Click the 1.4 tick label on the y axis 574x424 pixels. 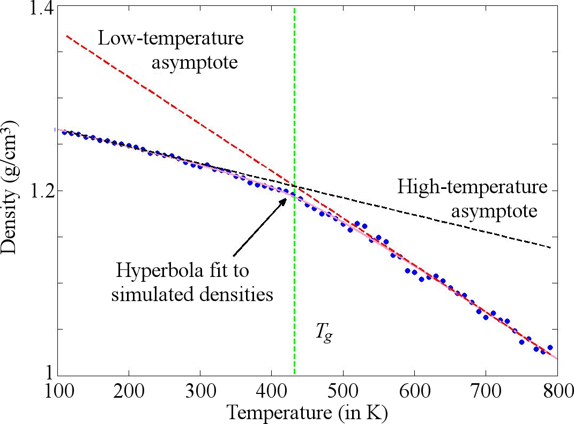pos(38,9)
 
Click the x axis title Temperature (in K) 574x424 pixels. pos(307,412)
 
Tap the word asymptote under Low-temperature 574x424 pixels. pos(194,63)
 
